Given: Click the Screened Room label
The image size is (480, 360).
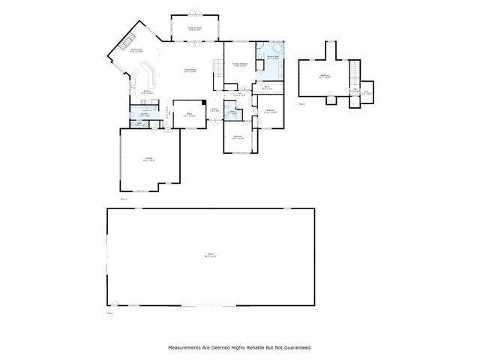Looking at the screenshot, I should click(x=195, y=28).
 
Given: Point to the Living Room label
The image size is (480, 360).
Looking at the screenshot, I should click(x=190, y=70).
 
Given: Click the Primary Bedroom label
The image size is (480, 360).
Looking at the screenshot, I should click(x=240, y=64).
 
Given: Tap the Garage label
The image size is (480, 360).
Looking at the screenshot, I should click(x=149, y=160).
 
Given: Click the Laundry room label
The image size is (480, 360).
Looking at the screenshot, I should click(x=141, y=115).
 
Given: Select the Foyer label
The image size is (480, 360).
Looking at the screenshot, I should click(x=214, y=110).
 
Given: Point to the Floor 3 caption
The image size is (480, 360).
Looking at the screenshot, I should click(x=302, y=103).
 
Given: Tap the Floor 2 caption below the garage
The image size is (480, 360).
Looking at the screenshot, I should click(x=124, y=199).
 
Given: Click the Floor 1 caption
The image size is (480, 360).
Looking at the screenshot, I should click(x=110, y=312).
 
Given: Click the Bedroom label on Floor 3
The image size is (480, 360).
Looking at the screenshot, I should click(x=324, y=76).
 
